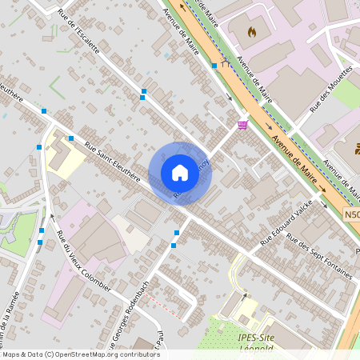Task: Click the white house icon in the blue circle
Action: coord(180,173)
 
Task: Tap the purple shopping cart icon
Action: coord(242,124)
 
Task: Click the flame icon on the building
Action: coord(252,33)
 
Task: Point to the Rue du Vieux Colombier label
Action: coord(83,260)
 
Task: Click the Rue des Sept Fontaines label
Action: coord(319,255)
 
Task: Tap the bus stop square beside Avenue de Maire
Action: coord(214,66)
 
